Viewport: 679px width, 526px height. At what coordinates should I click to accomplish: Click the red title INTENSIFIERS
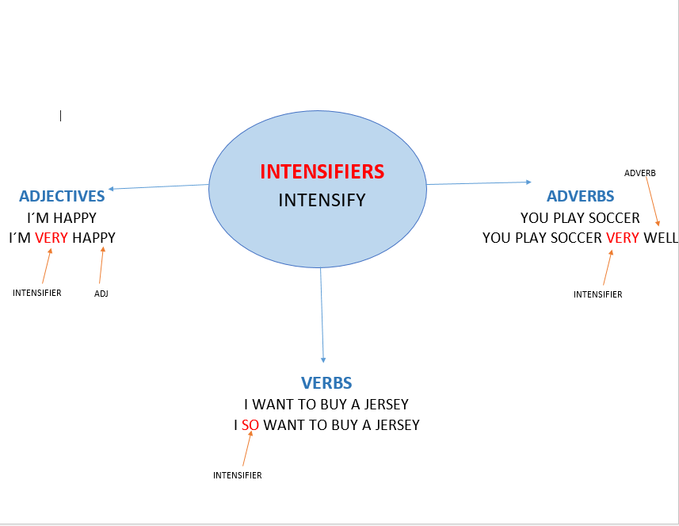pos(322,171)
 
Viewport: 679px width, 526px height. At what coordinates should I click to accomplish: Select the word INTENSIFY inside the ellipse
pos(322,201)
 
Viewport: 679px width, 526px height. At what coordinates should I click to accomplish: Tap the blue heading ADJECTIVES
pos(62,196)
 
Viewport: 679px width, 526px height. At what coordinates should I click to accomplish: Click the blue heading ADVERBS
pos(580,196)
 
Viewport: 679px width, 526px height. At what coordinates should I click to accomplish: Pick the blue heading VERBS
pos(326,383)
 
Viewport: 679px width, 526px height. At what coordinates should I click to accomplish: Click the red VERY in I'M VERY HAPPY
pos(51,238)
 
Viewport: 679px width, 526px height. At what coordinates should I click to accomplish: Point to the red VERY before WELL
pos(622,238)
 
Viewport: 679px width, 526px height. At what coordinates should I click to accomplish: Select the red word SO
pos(250,425)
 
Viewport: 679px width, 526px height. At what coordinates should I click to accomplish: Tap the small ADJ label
pos(101,294)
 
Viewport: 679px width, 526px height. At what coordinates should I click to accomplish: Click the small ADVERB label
pos(639,173)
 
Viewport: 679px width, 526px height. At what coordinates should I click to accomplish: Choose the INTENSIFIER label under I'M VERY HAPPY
pos(36,293)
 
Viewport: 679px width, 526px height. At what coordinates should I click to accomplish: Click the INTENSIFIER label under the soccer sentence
pos(597,294)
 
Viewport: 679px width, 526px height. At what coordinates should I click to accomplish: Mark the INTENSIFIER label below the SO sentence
pos(238,475)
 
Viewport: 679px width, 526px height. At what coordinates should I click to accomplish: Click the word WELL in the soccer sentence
pos(660,238)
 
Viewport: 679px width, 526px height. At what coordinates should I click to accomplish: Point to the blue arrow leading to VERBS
pos(322,315)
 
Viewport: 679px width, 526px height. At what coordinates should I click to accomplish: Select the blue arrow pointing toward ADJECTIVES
pos(158,187)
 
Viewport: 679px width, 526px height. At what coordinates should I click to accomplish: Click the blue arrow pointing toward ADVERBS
pos(479,183)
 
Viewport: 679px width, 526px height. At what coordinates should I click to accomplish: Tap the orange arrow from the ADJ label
pos(101,265)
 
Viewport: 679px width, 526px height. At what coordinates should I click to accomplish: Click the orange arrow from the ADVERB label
pos(653,202)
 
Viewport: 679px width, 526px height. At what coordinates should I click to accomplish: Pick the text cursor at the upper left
pos(61,116)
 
